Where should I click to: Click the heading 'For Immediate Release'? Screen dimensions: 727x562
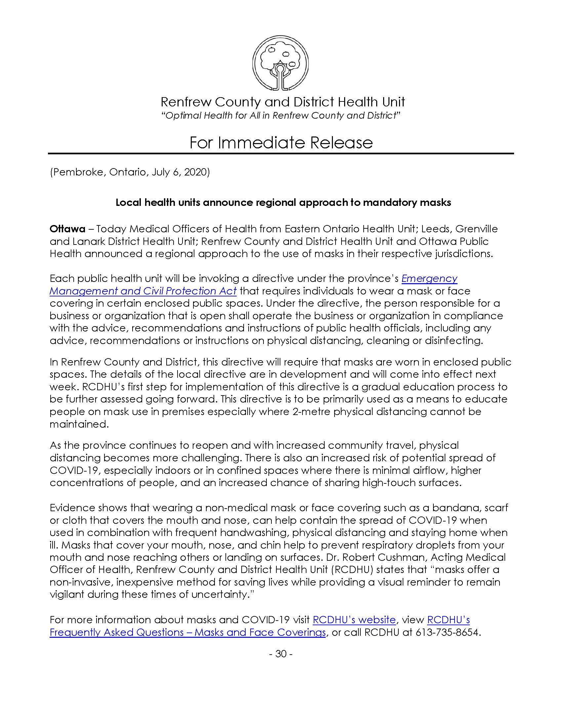pos(281,143)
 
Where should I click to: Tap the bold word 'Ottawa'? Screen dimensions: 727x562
pos(67,229)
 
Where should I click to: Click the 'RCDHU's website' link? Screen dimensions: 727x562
pos(354,620)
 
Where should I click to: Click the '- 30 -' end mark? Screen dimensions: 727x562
pos(281,654)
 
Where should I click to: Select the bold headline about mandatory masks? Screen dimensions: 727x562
pos(283,203)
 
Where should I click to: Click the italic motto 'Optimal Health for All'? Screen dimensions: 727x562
pos(281,116)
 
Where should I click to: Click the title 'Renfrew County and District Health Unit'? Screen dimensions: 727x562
pos(283,102)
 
